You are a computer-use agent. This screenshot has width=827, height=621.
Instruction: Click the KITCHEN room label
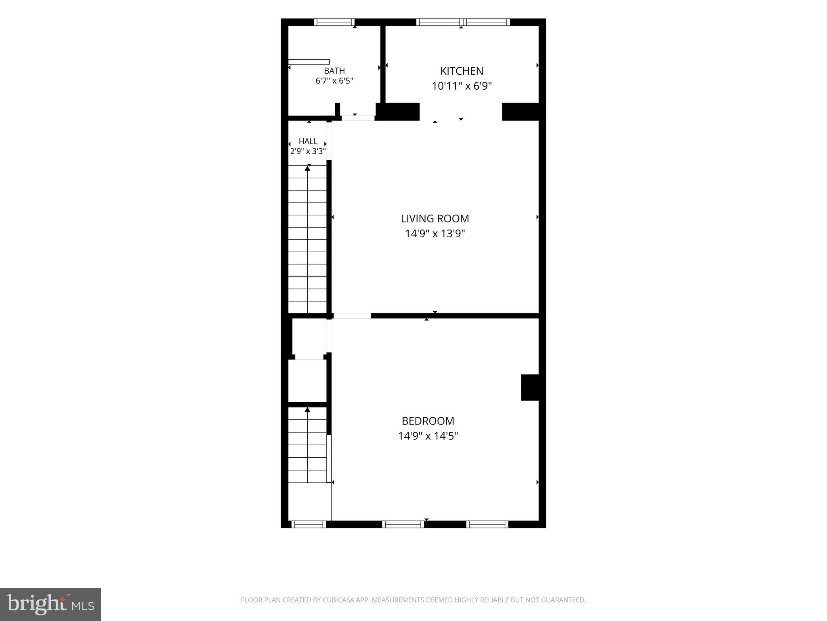pyautogui.click(x=462, y=71)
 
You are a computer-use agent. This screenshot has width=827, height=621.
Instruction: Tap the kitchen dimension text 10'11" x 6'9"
pyautogui.click(x=462, y=86)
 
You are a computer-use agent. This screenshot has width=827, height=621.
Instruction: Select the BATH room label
pyautogui.click(x=334, y=71)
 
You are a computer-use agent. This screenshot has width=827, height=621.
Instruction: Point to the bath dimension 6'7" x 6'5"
pyautogui.click(x=334, y=80)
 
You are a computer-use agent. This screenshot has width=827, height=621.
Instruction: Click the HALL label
pyautogui.click(x=308, y=142)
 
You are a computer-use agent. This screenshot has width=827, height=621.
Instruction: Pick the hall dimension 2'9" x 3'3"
pyautogui.click(x=308, y=151)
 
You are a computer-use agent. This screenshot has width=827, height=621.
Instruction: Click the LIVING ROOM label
pyautogui.click(x=435, y=219)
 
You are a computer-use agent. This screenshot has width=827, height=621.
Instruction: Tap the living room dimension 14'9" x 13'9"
pyautogui.click(x=435, y=234)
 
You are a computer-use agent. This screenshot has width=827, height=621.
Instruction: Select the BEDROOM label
pyautogui.click(x=428, y=421)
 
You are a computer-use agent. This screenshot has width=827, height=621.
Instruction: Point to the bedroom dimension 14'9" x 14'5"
pyautogui.click(x=428, y=436)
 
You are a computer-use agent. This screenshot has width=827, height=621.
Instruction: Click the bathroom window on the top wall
pyautogui.click(x=334, y=22)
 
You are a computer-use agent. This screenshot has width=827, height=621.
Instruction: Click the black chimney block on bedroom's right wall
pyautogui.click(x=530, y=387)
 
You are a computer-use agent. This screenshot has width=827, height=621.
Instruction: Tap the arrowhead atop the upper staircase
pyautogui.click(x=308, y=168)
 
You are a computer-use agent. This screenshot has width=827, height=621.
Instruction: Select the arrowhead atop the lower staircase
pyautogui.click(x=307, y=410)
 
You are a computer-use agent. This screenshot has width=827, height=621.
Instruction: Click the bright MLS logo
pyautogui.click(x=50, y=604)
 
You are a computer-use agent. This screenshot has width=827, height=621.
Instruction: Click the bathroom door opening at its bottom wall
pyautogui.click(x=358, y=118)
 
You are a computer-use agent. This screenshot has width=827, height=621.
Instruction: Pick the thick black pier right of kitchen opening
pyautogui.click(x=521, y=112)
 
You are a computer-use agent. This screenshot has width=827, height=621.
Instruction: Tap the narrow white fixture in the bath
pyautogui.click(x=309, y=62)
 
